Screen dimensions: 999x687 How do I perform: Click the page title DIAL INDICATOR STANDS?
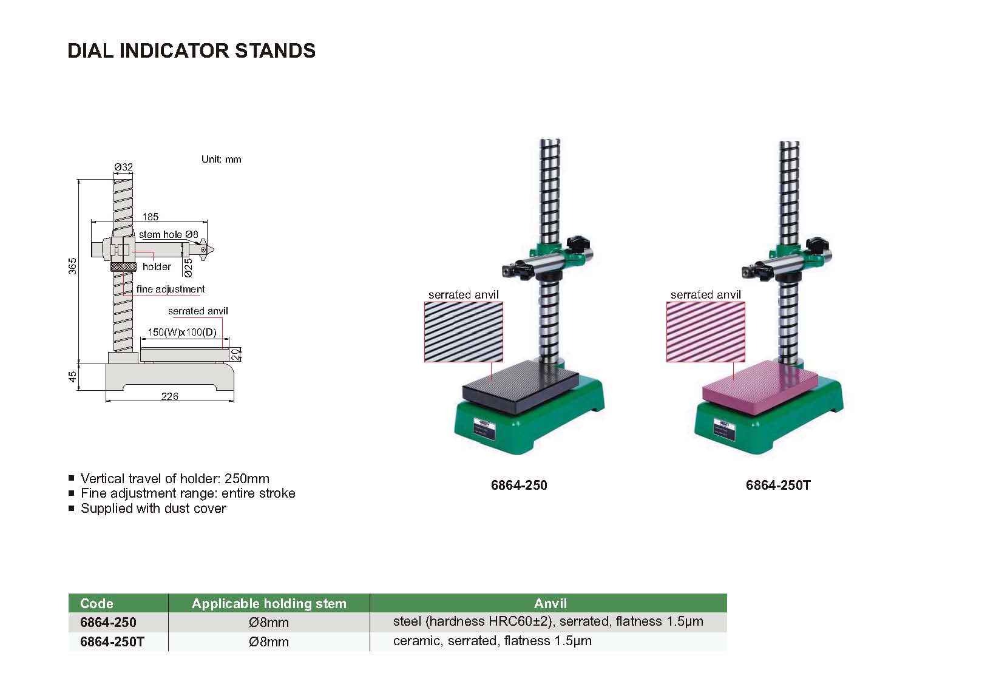click(192, 50)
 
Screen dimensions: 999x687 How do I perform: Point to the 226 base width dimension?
click(170, 396)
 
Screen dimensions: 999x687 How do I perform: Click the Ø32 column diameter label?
click(123, 167)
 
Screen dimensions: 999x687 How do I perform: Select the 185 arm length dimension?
click(150, 217)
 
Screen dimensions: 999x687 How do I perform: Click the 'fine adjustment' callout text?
click(171, 289)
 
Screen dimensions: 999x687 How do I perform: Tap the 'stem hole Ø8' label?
click(169, 234)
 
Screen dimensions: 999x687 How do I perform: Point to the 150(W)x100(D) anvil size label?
click(182, 333)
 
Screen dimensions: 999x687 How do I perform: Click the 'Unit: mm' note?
click(222, 160)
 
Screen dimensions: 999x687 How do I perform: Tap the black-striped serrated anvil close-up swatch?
click(464, 332)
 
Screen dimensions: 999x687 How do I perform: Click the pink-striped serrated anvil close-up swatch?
click(706, 332)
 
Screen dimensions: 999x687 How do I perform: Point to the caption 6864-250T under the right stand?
click(778, 486)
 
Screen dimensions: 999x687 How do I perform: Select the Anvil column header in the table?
click(550, 603)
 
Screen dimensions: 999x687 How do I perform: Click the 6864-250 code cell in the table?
click(108, 623)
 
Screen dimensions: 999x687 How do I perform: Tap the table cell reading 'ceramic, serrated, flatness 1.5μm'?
click(492, 641)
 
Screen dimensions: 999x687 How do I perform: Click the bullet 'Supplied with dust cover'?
click(153, 509)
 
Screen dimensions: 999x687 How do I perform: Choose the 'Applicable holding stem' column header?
click(269, 603)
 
